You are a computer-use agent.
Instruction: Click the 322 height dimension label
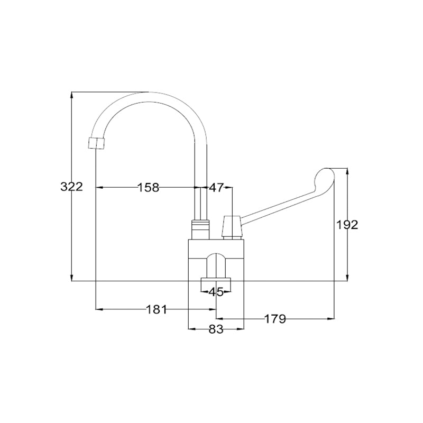[71, 187]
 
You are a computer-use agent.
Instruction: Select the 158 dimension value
[149, 187]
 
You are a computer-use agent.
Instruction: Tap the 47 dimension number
[216, 187]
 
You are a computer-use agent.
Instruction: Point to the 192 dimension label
[347, 225]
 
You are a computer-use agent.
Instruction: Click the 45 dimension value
[216, 292]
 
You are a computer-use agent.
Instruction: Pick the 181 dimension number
[157, 309]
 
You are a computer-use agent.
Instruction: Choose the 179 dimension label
[274, 319]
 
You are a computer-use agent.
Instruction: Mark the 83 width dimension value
[216, 329]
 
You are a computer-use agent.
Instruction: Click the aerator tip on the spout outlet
[96, 143]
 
